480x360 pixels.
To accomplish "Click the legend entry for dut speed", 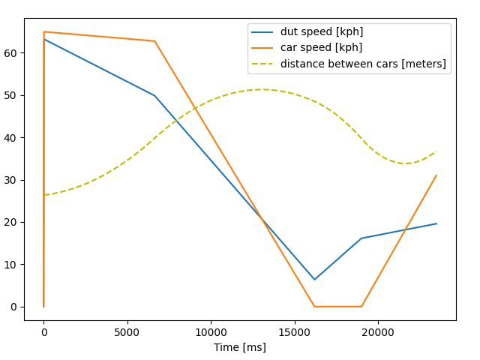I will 321,32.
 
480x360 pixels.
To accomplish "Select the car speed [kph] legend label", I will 321,48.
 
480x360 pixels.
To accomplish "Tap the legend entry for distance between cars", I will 363,64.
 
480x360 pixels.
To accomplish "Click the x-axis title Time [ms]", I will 240,347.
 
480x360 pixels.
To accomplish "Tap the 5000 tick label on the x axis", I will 127,332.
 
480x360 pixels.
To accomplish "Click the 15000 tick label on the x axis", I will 294,332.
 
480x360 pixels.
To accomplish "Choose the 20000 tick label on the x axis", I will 377,332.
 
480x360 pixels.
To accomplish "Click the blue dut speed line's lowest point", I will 314,280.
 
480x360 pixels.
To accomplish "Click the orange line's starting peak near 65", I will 44,31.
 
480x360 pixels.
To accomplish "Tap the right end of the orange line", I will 436,175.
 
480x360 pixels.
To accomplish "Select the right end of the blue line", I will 436,223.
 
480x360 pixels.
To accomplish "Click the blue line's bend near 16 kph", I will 361,238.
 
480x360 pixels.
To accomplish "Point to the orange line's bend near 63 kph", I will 154,41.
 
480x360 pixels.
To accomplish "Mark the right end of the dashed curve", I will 436,151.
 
